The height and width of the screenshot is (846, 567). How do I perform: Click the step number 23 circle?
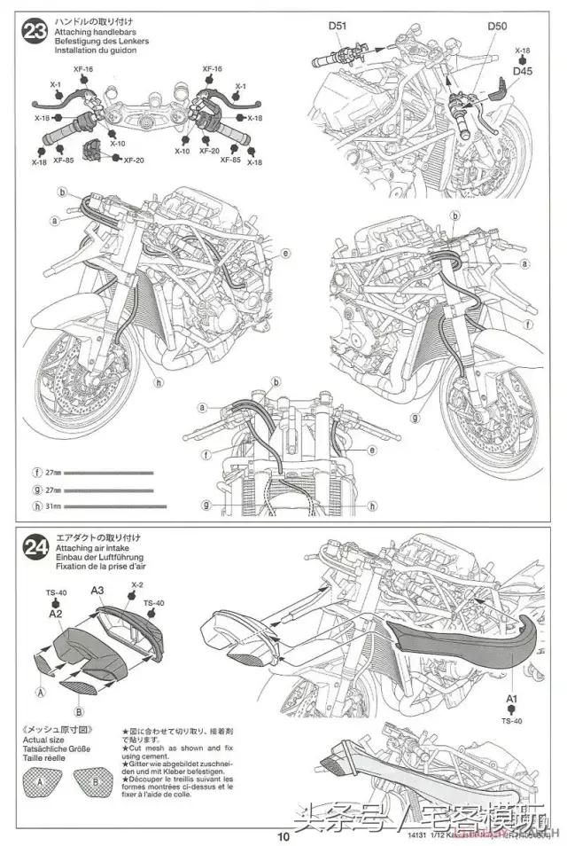pos(35,34)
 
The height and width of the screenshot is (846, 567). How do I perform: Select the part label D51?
pos(337,26)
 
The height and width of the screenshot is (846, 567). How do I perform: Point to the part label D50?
pos(497,26)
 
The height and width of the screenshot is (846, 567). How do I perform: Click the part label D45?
pos(523,72)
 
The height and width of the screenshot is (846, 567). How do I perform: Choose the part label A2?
pos(55,613)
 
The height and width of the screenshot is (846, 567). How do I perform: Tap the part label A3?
pos(98,590)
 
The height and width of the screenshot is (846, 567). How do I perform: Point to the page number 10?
pos(283,835)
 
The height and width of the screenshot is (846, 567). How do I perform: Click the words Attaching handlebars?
pos(89,31)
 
